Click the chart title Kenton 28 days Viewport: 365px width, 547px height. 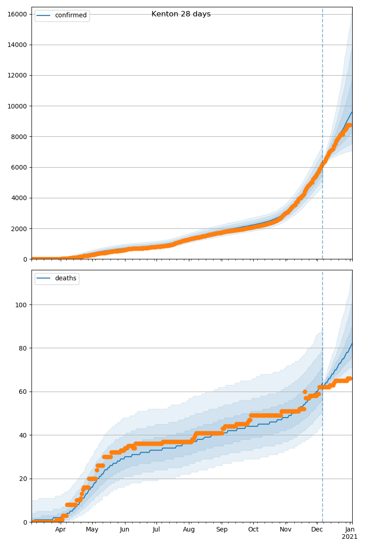(x=181, y=14)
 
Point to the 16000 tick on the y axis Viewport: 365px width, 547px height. (x=16, y=14)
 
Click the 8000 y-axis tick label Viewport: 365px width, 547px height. (x=18, y=137)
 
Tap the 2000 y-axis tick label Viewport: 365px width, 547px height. (x=18, y=229)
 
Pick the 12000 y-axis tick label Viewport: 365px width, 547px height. (x=16, y=75)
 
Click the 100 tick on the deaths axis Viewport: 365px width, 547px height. (x=21, y=304)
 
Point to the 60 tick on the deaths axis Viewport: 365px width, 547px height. (x=23, y=392)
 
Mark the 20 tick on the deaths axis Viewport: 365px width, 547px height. (x=23, y=479)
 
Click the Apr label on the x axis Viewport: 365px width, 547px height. (x=61, y=530)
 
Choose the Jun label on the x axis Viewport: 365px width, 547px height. (x=125, y=530)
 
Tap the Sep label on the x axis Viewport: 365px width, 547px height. (x=221, y=530)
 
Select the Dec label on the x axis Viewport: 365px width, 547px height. (x=317, y=530)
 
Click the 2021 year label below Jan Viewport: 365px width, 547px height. (x=350, y=537)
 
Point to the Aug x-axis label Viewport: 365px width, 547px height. (x=189, y=530)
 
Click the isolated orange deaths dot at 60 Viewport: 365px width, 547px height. (x=305, y=392)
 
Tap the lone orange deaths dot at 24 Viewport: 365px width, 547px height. (x=97, y=470)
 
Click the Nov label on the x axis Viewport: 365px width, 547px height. (x=286, y=530)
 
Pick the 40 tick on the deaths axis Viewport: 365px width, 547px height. (x=23, y=435)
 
